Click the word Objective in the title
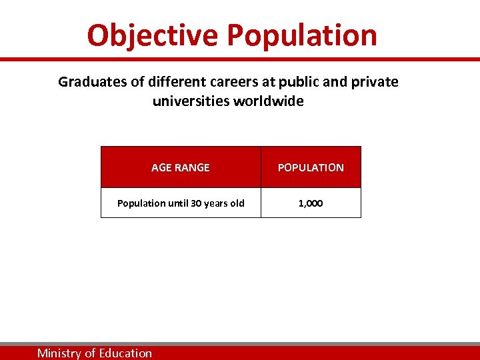[153, 35]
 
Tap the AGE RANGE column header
[180, 168]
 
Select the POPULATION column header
[311, 168]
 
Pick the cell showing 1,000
[311, 203]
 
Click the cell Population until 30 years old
[181, 203]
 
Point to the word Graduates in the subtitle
[88, 82]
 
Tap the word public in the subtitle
[301, 82]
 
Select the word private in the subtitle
[375, 82]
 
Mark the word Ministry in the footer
[59, 353]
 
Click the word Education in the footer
[125, 353]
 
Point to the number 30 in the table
[196, 203]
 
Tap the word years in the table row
[216, 203]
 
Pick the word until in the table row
[176, 203]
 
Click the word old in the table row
[237, 203]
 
